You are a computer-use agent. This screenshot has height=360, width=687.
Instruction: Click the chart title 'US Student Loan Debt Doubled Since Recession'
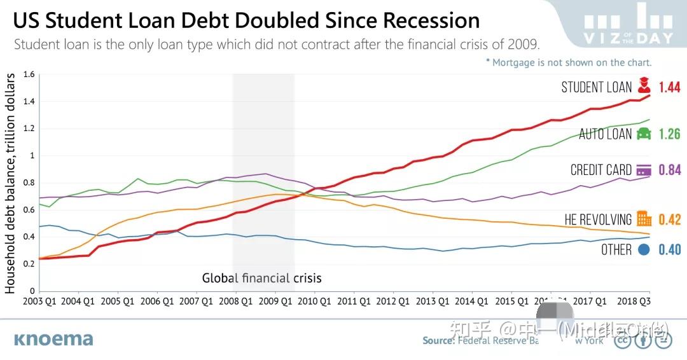click(246, 20)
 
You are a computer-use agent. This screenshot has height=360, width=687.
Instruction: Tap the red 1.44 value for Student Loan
click(669, 87)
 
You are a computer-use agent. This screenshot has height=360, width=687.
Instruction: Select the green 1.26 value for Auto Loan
click(669, 134)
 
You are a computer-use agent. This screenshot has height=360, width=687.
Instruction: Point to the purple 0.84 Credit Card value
click(669, 170)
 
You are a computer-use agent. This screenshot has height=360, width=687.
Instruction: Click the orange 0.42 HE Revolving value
click(669, 220)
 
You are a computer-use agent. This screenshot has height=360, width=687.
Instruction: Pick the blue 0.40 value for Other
click(669, 250)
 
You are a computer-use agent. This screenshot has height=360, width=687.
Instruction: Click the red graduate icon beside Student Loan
click(644, 86)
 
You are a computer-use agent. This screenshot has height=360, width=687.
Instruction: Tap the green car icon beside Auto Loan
click(644, 134)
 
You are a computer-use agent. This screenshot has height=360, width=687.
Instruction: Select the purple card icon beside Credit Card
click(644, 170)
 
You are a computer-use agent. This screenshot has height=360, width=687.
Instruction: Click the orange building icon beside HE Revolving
click(644, 219)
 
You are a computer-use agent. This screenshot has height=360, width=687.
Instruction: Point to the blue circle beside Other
click(644, 249)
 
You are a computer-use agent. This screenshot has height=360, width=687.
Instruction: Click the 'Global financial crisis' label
click(261, 278)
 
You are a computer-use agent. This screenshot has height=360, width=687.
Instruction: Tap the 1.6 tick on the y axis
click(29, 74)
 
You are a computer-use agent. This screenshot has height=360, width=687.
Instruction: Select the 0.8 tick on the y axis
click(29, 183)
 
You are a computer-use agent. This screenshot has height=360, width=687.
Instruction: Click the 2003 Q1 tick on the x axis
click(39, 301)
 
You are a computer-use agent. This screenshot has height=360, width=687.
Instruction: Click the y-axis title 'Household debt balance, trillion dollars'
click(11, 183)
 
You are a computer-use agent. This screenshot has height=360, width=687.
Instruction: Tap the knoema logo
click(53, 339)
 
